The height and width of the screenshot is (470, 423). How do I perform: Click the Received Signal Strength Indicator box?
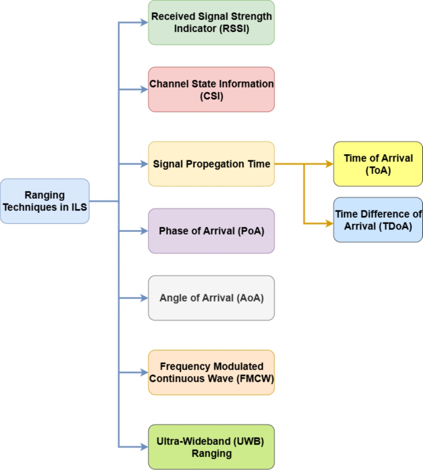coord(211,22)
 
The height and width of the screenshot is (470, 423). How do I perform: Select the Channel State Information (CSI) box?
coord(211,89)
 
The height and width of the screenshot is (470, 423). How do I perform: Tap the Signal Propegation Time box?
coord(211,164)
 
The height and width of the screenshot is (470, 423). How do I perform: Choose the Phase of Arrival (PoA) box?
coord(211,231)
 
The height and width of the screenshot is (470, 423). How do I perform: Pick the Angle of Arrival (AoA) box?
coord(211,298)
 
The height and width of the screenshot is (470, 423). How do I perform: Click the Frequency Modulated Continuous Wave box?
coord(211,373)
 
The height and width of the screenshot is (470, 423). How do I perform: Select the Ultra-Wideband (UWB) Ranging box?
coord(211,447)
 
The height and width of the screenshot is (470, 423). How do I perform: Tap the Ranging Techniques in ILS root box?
coord(44,201)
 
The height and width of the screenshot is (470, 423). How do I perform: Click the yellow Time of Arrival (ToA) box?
coord(378,164)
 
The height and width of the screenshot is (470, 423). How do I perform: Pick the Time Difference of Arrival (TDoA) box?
coord(378,220)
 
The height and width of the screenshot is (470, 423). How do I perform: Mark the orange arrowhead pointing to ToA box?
coord(329,164)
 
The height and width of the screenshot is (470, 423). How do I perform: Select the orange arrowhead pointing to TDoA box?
coord(329,223)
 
